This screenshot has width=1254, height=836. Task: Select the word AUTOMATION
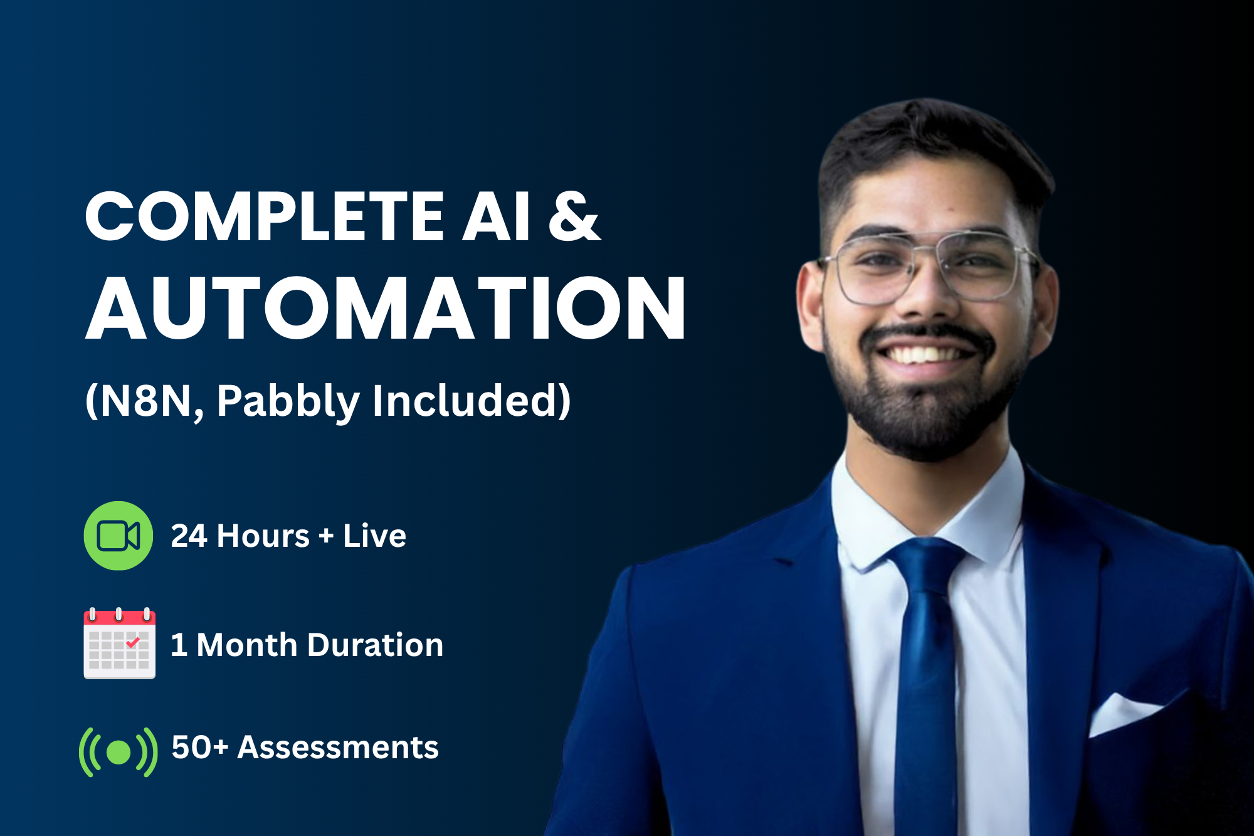[386, 308]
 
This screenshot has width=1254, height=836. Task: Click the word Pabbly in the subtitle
[288, 401]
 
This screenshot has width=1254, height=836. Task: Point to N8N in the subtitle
[145, 401]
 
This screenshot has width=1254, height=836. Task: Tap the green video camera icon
[119, 536]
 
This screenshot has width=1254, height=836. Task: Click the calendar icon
[120, 643]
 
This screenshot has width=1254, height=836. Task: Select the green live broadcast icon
[119, 752]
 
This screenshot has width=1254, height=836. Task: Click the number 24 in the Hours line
[189, 536]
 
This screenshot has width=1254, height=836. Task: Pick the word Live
[374, 536]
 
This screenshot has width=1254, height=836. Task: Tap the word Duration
[376, 645]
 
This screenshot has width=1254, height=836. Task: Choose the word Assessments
[338, 748]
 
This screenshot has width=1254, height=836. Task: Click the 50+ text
[200, 748]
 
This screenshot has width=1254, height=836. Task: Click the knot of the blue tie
[927, 564]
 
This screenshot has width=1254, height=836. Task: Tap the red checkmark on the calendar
[133, 642]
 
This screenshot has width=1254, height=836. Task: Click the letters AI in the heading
[496, 216]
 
